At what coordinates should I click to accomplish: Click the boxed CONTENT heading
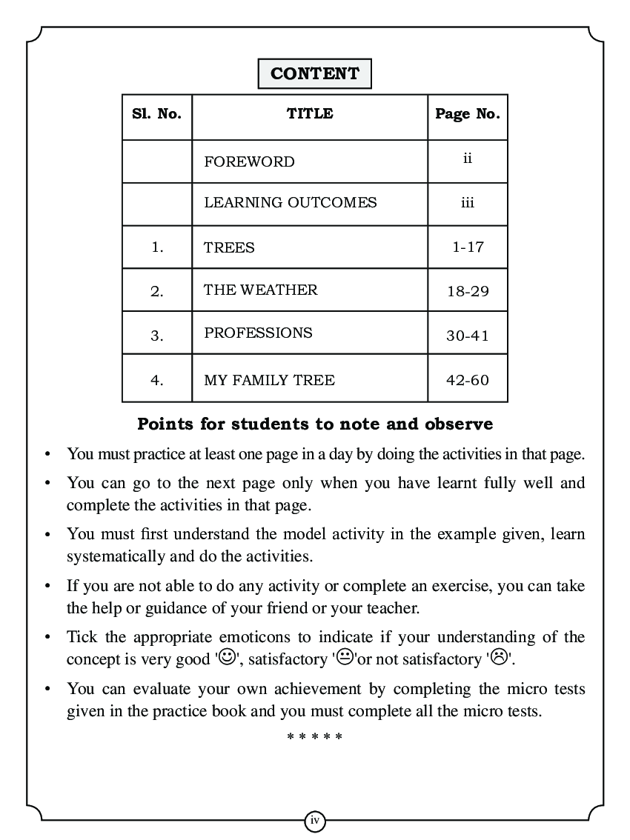coord(314,74)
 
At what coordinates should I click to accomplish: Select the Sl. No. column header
coord(156,114)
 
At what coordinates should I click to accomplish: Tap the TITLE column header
coord(310,114)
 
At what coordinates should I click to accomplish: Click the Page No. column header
coord(467,114)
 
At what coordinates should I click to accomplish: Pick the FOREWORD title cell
coord(249,161)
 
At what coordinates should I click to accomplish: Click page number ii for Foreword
coord(467,159)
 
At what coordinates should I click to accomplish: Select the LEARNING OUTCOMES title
coord(290,202)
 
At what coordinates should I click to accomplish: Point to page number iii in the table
coord(467,203)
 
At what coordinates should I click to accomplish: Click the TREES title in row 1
coord(229,248)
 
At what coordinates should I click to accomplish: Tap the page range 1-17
coord(467,247)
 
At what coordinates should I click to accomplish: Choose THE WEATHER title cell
coord(260,290)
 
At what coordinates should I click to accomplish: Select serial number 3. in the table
coord(156,336)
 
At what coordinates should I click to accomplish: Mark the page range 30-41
coord(467,336)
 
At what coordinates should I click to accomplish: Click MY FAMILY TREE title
coord(269,381)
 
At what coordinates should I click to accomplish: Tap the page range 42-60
coord(467,380)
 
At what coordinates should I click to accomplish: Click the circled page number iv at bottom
coord(315,820)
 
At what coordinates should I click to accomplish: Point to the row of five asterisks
coord(314,738)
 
